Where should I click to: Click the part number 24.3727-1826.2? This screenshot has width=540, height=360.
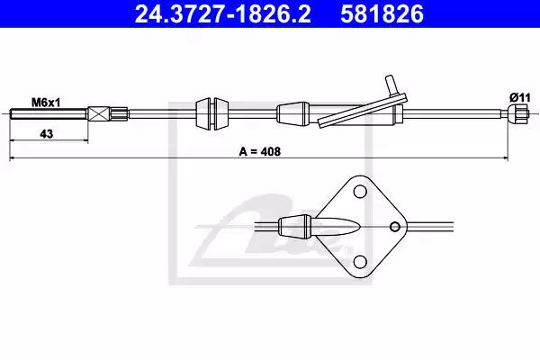223,13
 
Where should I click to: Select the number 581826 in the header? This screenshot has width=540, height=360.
382,13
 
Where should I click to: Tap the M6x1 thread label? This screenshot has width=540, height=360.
46,103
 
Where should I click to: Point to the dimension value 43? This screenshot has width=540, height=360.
47,133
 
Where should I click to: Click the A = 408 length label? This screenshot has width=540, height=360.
260,151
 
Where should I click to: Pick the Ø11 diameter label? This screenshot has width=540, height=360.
520,98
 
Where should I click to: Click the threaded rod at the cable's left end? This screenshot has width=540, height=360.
49,114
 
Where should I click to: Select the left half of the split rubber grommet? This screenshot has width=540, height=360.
203,114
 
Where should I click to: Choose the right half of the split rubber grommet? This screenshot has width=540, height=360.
220,114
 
